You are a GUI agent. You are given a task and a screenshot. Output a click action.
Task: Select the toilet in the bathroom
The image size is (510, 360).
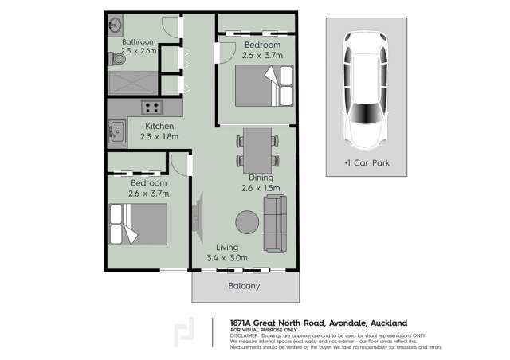click(x=112, y=58)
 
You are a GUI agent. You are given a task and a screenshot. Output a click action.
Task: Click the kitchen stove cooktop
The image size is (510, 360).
click(x=152, y=107)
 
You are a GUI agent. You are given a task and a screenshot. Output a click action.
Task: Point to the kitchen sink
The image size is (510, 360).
click(x=117, y=131)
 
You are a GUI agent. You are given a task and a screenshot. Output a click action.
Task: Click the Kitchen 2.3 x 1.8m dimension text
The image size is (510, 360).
click(x=159, y=136)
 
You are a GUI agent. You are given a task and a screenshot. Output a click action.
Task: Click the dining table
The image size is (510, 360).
click(x=257, y=150)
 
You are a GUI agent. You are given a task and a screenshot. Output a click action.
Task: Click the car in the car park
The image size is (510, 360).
click(x=365, y=89)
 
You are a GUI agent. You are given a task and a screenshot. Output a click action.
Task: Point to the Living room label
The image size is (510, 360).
click(x=227, y=248)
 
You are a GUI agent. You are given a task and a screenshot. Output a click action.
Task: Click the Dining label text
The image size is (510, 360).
click(x=261, y=178)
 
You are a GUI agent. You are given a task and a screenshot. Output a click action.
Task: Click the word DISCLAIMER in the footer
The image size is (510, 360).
click(x=247, y=336)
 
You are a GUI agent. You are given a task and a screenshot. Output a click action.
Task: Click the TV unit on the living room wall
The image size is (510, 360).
click(x=195, y=213)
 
